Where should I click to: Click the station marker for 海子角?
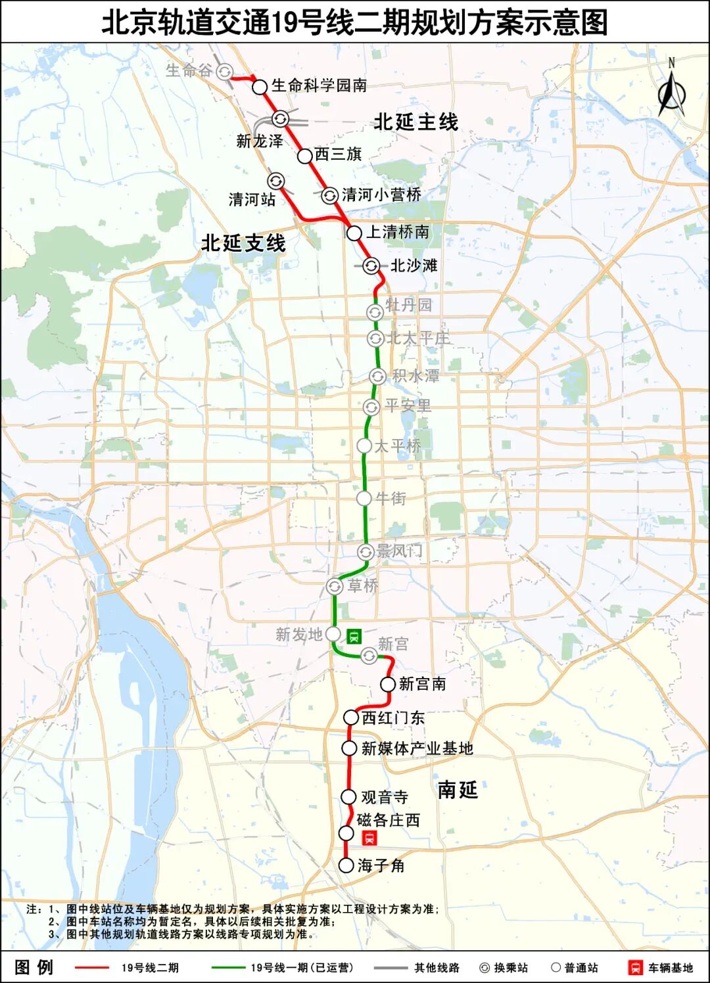pyautogui.click(x=346, y=865)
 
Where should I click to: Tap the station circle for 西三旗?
pyautogui.click(x=304, y=156)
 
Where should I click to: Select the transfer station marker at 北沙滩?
pyautogui.click(x=371, y=265)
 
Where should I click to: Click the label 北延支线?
pyautogui.click(x=243, y=243)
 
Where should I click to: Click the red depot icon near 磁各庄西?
pyautogui.click(x=369, y=838)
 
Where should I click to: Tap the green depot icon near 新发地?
pyautogui.click(x=354, y=635)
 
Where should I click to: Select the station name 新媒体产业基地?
pyautogui.click(x=417, y=748)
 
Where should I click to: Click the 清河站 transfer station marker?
pyautogui.click(x=275, y=181)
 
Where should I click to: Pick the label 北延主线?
pyautogui.click(x=415, y=122)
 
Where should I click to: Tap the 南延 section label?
pyautogui.click(x=458, y=789)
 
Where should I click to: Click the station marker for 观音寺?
pyautogui.click(x=348, y=796)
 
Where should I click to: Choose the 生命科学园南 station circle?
pyautogui.click(x=260, y=87)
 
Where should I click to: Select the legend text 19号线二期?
pyautogui.click(x=150, y=967)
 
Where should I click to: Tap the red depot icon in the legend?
pyautogui.click(x=636, y=967)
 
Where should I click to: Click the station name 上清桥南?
pyautogui.click(x=398, y=232)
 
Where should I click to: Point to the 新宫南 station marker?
pyautogui.click(x=388, y=684)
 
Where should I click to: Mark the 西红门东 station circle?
pyautogui.click(x=351, y=717)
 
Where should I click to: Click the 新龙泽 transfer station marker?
pyautogui.click(x=280, y=119)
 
